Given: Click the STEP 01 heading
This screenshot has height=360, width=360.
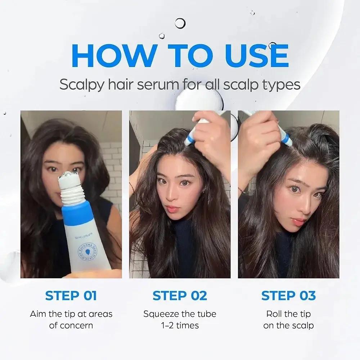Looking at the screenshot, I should tap(71, 296).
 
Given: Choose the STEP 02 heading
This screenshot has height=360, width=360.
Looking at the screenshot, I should tap(180, 296).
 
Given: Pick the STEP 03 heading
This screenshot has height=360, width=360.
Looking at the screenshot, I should tap(288, 296).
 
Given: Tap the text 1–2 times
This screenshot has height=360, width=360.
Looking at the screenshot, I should tap(180, 325).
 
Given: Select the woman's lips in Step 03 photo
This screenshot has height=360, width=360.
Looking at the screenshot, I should tap(299, 221).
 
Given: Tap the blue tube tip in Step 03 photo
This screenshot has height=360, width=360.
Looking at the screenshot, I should tap(286, 139).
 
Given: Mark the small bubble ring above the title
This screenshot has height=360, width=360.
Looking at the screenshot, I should tap(180, 23).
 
